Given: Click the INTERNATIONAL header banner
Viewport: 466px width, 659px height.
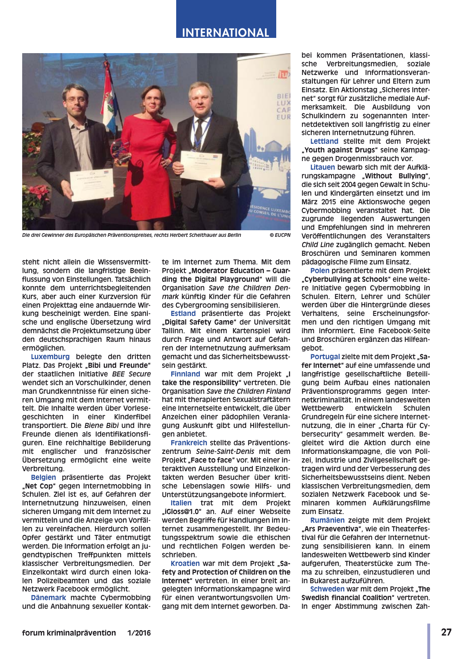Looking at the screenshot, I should (226, 32).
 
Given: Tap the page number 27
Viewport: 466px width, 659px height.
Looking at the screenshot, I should (446, 632).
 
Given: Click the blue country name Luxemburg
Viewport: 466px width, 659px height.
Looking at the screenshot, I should (50, 357).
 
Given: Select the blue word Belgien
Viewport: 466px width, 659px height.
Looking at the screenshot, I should (43, 477).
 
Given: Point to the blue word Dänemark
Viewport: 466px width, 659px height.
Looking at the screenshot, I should (48, 598).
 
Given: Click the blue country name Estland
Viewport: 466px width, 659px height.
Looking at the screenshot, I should (183, 313).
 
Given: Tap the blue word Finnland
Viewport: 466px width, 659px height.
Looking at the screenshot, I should (185, 374).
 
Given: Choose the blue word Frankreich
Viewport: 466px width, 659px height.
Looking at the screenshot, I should (189, 443).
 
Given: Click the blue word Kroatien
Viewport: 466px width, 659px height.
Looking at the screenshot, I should (185, 563).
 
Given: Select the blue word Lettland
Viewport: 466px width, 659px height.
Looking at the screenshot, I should (324, 141).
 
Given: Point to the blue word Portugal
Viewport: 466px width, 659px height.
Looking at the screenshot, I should (325, 357).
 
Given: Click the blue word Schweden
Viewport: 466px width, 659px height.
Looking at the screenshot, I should (327, 589).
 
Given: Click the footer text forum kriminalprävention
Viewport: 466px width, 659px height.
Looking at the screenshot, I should (69, 633).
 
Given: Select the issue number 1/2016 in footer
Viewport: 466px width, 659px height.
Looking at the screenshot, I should (139, 633).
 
